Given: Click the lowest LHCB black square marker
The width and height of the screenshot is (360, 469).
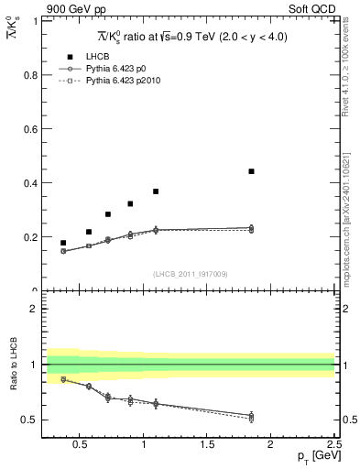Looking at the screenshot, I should pos(63,243).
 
